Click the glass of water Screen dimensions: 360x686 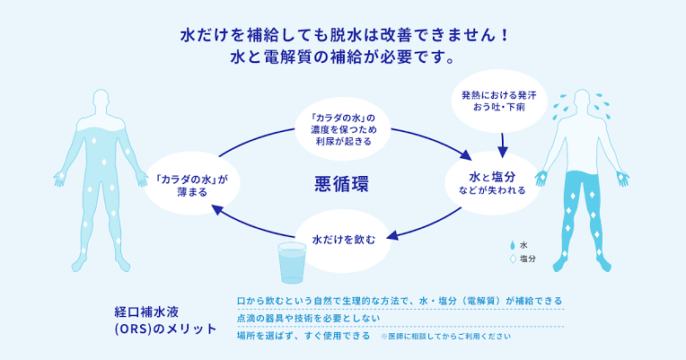[x=294, y=263]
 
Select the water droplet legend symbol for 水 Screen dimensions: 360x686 [x=514, y=244]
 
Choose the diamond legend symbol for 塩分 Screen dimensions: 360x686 [x=514, y=259]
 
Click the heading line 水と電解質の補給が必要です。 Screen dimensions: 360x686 [x=344, y=57]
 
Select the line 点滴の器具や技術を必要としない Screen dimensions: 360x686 [x=302, y=318]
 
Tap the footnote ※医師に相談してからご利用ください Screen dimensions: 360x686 [x=446, y=337]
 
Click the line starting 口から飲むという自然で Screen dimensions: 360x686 [x=400, y=300]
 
